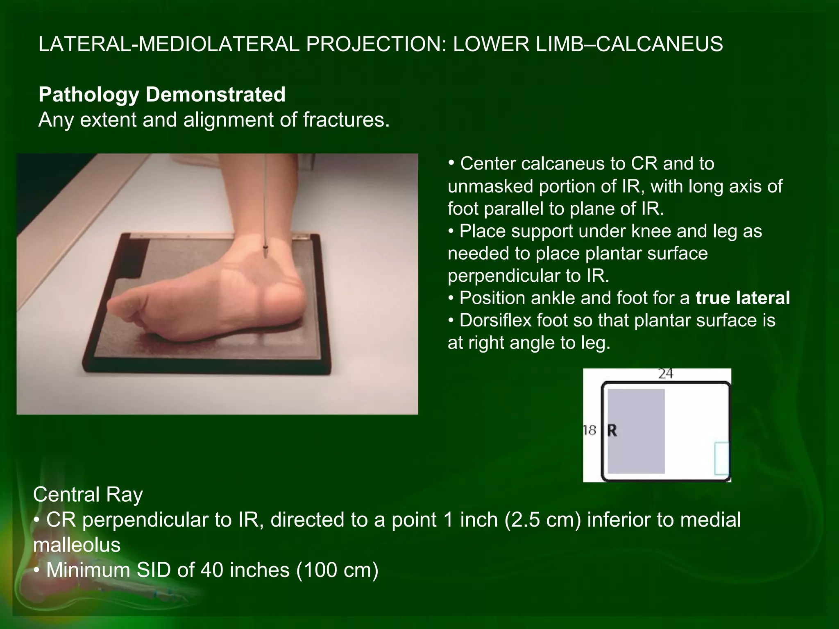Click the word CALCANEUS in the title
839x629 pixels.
(x=659, y=44)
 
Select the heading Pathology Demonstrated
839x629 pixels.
(x=162, y=95)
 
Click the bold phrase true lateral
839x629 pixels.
(x=742, y=298)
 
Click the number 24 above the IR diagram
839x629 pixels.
(x=665, y=374)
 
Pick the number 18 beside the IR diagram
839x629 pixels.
(x=590, y=430)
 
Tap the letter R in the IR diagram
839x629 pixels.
(x=612, y=431)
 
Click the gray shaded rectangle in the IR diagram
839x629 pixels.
(x=636, y=410)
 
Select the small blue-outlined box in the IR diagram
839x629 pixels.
(x=721, y=458)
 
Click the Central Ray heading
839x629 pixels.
(x=88, y=495)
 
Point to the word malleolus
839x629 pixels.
(x=77, y=545)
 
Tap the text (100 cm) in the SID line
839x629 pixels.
(x=338, y=570)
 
